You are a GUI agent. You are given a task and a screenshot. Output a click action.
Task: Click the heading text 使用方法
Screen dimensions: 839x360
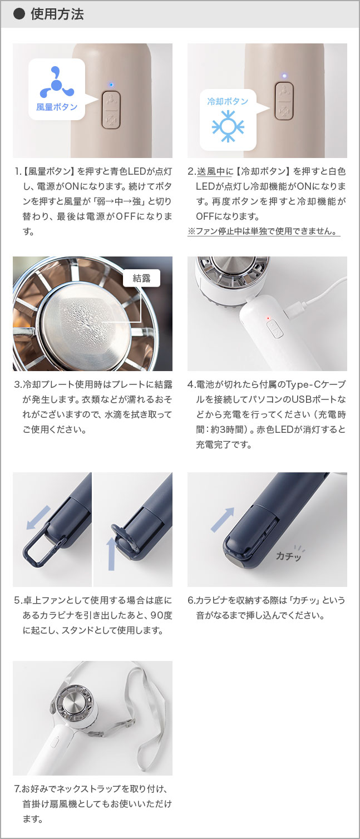(x=57, y=14)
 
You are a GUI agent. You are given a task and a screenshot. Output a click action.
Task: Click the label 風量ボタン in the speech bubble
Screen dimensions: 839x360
(x=57, y=106)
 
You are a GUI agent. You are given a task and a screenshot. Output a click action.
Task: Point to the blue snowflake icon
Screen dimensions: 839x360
(x=228, y=126)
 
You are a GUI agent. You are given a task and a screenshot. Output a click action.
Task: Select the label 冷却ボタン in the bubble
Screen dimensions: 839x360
(x=228, y=101)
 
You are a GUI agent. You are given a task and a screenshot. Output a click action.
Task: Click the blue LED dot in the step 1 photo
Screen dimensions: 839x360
(x=111, y=85)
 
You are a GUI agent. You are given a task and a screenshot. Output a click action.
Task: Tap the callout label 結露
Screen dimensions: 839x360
(x=141, y=278)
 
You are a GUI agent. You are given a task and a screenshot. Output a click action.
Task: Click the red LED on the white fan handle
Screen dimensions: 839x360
(x=268, y=318)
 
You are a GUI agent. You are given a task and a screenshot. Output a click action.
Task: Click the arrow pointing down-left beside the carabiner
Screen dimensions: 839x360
(x=38, y=517)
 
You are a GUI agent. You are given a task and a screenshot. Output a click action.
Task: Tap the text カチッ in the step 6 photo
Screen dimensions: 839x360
(x=289, y=555)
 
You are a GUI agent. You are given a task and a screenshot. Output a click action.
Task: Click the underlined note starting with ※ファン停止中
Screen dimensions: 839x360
(x=264, y=231)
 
